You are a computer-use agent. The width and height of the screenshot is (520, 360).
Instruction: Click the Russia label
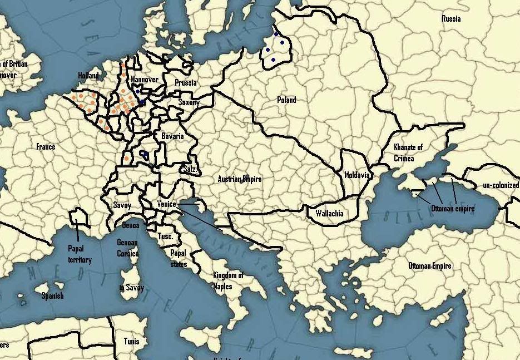tap(451, 19)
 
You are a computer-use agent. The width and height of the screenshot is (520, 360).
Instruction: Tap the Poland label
tap(286, 100)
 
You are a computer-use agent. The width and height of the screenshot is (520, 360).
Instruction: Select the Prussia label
tap(185, 83)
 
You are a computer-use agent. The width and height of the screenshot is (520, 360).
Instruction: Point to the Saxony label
tap(189, 102)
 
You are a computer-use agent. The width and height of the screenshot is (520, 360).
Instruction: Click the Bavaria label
tap(172, 136)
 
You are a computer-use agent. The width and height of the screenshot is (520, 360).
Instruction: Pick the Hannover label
tap(145, 80)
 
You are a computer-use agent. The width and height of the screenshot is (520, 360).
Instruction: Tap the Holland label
tap(88, 75)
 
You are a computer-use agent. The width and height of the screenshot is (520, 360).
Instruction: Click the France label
tap(46, 147)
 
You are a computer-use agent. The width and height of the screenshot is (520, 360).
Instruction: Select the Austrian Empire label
tap(240, 179)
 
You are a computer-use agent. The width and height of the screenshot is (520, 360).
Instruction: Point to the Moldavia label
tap(356, 175)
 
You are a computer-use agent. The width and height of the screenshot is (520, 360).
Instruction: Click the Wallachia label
tap(329, 213)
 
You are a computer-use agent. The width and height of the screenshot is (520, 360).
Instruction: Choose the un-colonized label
tap(501, 185)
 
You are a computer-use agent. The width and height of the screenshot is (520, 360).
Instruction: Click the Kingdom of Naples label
tap(228, 281)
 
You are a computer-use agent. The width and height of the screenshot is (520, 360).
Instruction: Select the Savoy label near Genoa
tap(122, 205)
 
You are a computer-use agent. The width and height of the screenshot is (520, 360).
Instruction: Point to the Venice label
tap(166, 204)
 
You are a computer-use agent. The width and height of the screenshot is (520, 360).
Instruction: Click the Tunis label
tap(132, 341)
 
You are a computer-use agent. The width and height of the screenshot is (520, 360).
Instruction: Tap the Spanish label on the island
tap(52, 296)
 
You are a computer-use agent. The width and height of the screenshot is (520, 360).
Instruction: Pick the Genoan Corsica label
tap(128, 248)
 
